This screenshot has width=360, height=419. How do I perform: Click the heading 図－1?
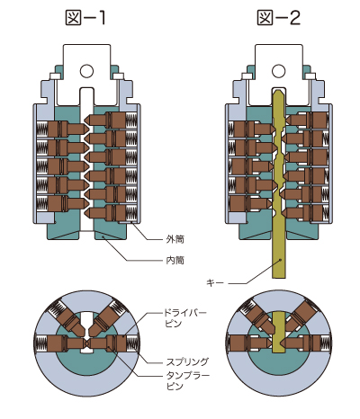(85, 18)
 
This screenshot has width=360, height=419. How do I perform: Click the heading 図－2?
(279, 18)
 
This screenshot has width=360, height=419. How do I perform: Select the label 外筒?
(175, 239)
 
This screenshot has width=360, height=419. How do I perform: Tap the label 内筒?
(175, 260)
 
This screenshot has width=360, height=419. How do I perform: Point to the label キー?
(215, 282)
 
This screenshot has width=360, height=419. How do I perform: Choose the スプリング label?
(187, 361)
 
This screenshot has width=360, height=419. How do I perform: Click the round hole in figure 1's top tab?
(86, 71)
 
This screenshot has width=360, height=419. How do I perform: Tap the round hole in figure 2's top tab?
(279, 71)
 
